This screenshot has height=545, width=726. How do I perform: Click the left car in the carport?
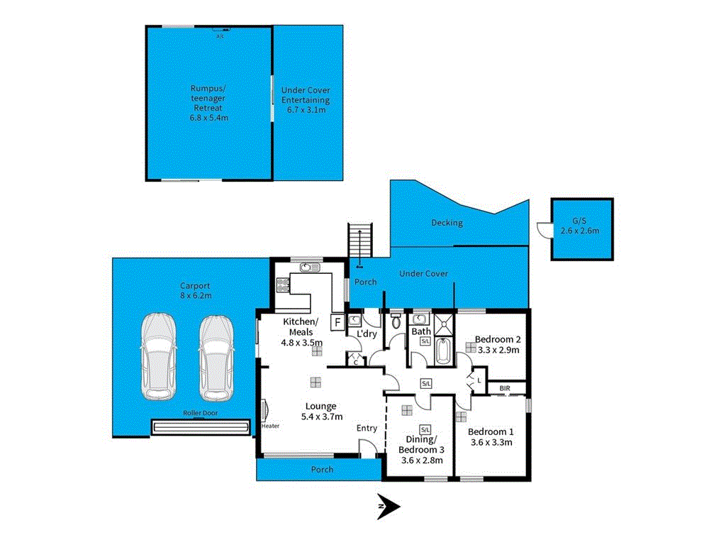click(x=158, y=357)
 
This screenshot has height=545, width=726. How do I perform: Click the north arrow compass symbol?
click(x=389, y=506)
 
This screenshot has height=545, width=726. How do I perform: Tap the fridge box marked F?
click(x=337, y=321)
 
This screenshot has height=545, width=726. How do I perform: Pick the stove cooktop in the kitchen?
click(x=281, y=285)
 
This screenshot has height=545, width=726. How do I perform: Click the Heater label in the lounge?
click(x=270, y=426)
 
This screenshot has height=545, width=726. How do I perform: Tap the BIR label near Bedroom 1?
click(x=505, y=388)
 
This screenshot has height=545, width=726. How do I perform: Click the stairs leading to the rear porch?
click(x=359, y=245)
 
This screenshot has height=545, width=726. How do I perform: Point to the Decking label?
click(x=447, y=223)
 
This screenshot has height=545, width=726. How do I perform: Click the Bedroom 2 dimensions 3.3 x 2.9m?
click(x=498, y=350)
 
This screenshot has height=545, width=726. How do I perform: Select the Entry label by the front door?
click(x=367, y=428)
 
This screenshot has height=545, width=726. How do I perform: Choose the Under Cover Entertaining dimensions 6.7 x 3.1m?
click(x=306, y=110)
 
